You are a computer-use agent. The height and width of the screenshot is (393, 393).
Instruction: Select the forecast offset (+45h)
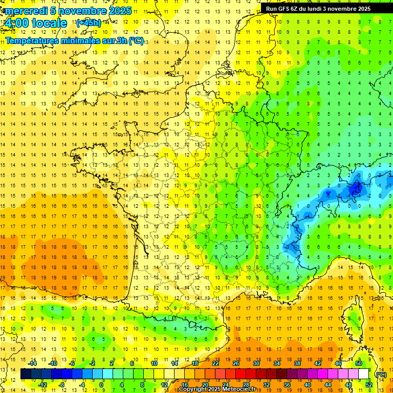click(88, 23)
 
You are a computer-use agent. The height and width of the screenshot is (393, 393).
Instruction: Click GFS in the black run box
click(284, 9)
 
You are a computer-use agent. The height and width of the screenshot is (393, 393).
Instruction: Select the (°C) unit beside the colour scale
click(381, 375)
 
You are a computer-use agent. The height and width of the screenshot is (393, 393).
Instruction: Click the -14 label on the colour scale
click(33, 363)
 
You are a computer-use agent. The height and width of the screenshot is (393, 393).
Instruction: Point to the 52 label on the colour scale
click(369, 385)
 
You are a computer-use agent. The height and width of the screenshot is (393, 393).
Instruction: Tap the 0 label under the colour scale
click(101, 385)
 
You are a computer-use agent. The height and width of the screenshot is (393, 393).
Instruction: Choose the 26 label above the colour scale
click(235, 363)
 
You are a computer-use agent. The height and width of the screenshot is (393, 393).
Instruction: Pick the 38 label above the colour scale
click(297, 363)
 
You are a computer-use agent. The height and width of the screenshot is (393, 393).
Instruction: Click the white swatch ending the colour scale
click(364, 374)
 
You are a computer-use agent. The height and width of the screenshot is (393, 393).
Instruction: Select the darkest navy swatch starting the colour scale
click(26, 374)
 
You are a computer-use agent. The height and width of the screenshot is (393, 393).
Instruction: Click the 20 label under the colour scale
click(205, 385)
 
